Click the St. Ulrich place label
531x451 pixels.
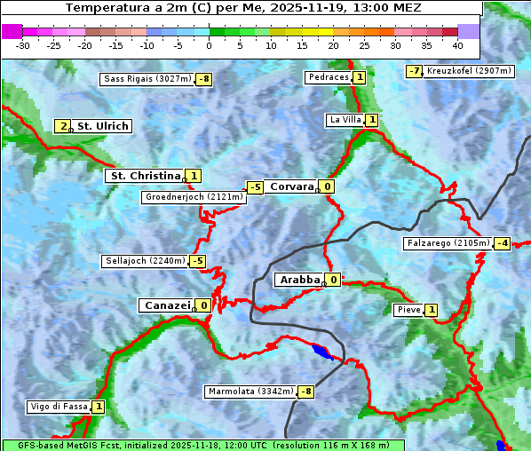point(102,126)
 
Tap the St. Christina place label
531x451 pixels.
point(144,176)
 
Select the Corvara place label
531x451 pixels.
point(291,186)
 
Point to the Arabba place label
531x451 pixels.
point(298,280)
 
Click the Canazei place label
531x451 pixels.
point(166,305)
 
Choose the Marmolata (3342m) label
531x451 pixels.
point(250,392)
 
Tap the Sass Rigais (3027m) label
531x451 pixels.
point(147,79)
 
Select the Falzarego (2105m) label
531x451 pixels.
point(448,243)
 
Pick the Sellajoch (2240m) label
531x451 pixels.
point(145,261)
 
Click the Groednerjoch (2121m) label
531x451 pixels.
point(193,197)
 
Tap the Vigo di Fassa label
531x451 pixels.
point(59,407)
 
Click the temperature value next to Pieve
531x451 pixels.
point(431,310)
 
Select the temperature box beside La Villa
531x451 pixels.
point(371,120)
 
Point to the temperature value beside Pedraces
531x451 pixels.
point(359,77)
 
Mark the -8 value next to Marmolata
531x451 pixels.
point(306,392)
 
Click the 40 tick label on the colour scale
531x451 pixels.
point(457,45)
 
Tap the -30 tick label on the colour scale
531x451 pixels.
point(23,45)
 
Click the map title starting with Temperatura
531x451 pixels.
point(243,8)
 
